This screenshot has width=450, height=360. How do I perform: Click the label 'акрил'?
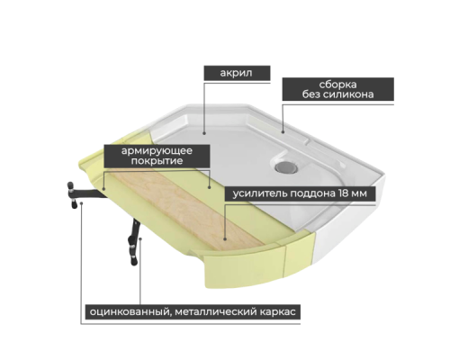click(237, 73)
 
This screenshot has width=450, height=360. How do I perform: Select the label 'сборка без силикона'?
click(337, 89)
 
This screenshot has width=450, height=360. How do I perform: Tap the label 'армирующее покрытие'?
click(157, 156)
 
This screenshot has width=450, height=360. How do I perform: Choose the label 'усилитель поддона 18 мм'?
click(300, 193)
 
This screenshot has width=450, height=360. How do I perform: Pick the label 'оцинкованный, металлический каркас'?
click(193, 312)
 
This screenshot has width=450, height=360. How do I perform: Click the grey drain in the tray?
click(287, 166)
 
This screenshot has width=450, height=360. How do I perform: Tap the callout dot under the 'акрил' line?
click(204, 133)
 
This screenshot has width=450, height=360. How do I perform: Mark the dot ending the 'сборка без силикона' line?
click(283, 131)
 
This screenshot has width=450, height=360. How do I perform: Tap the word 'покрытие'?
click(157, 161)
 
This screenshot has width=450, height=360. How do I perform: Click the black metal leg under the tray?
click(133, 242)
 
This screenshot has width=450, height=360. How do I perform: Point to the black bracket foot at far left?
click(71, 195)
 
